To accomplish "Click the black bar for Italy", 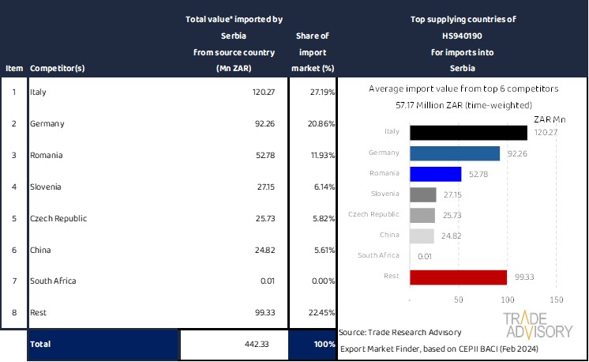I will pyautogui.click(x=468, y=132).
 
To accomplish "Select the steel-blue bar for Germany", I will pyautogui.click(x=455, y=153).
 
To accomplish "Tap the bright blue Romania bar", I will pyautogui.click(x=436, y=174).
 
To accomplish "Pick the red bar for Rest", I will pyautogui.click(x=458, y=277).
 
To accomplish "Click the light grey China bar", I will pyautogui.click(x=422, y=236).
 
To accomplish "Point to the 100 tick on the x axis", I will pyautogui.click(x=507, y=300).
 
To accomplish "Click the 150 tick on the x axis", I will pyautogui.click(x=555, y=300).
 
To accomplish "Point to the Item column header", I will pyautogui.click(x=13, y=68).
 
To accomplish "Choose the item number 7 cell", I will pyautogui.click(x=13, y=281).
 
